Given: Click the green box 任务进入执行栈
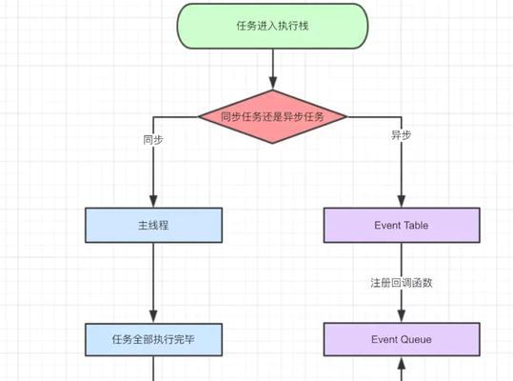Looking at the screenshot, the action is [272, 26].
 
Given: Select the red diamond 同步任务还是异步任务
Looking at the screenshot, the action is [272, 116].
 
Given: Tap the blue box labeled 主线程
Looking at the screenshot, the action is [154, 225].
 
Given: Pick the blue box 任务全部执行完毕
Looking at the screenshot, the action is [154, 339].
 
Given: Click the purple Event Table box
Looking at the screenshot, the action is [402, 225].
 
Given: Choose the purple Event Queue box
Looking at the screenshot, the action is [402, 339].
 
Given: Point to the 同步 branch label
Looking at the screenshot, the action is [153, 140].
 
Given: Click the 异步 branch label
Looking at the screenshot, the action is [402, 134].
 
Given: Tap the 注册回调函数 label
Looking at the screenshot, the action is [402, 283].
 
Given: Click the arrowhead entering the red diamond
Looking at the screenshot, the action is [273, 83].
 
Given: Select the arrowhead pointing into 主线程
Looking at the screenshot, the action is [153, 201].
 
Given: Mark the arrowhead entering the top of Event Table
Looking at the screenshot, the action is [402, 201].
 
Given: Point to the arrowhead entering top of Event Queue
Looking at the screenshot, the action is [402, 316].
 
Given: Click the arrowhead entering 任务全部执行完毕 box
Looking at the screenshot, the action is [153, 317].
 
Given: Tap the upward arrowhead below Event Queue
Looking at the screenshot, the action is [402, 363].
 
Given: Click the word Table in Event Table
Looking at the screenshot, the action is [416, 225].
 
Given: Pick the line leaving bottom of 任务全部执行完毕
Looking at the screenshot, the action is [153, 369].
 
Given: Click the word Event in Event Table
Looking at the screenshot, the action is [387, 225].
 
